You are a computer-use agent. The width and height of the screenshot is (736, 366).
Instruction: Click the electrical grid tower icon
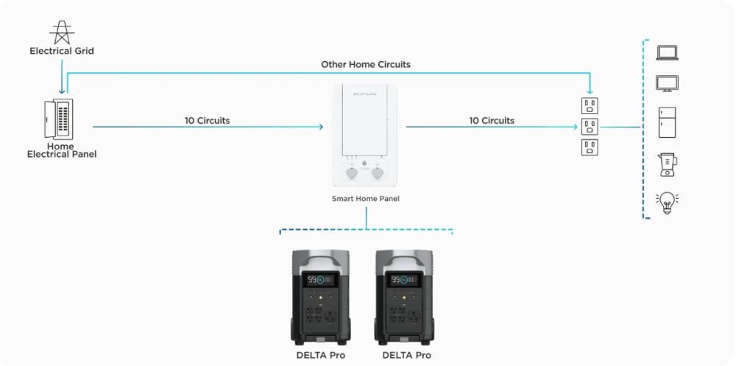(62, 32)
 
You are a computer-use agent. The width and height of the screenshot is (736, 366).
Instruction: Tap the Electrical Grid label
(62, 51)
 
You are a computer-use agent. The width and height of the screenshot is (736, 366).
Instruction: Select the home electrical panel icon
(59, 119)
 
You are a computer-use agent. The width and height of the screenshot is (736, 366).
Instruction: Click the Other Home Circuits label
(366, 64)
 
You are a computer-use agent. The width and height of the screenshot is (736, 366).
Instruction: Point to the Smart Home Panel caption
(366, 199)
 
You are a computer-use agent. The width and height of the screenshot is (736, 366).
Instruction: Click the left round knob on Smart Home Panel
(352, 173)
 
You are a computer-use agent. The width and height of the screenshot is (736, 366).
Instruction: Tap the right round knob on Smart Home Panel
(378, 173)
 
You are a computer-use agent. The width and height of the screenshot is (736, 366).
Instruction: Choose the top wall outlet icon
(590, 106)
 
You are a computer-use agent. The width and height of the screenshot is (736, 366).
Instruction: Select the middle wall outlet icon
(590, 127)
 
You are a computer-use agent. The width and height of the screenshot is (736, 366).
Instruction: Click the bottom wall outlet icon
(590, 147)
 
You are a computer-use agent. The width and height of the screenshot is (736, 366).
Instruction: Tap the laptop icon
(667, 52)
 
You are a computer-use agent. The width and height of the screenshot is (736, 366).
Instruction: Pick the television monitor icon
(667, 84)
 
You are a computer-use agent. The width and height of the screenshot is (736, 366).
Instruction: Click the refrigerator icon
(667, 122)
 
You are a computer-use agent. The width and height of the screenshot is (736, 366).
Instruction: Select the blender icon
(668, 164)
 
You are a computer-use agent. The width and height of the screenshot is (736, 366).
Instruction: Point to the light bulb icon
(667, 203)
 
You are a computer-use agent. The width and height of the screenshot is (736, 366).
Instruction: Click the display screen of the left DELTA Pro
(319, 280)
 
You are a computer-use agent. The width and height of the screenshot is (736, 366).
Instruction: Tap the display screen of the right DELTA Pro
(403, 280)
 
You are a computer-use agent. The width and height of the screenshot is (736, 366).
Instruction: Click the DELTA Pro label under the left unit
(321, 355)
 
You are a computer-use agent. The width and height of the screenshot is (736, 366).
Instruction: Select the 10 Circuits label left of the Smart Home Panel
(207, 121)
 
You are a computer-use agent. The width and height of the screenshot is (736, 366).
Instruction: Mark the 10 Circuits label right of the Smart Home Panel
(492, 121)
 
